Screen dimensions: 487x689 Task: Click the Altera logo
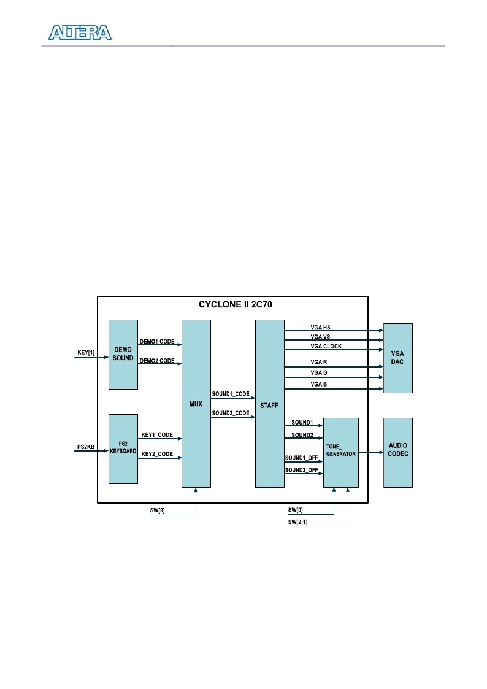click(x=80, y=33)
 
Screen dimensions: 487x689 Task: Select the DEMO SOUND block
click(x=123, y=354)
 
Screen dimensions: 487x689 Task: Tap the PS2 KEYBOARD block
click(x=123, y=448)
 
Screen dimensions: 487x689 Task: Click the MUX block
click(x=196, y=403)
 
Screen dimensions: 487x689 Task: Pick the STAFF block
click(x=270, y=403)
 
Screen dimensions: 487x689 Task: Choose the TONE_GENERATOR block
click(x=341, y=453)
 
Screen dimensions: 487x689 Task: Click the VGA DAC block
click(x=398, y=358)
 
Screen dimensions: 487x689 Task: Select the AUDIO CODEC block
click(x=398, y=453)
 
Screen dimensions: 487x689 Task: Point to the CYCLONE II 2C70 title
click(x=236, y=304)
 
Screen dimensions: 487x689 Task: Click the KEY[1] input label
click(x=86, y=352)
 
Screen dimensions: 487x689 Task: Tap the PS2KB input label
click(x=86, y=447)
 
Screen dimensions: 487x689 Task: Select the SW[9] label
click(x=157, y=510)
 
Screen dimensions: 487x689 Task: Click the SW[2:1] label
click(x=297, y=522)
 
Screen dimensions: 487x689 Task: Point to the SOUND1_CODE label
click(x=231, y=394)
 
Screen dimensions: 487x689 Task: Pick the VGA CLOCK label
click(x=326, y=346)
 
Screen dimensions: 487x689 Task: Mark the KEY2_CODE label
click(x=157, y=454)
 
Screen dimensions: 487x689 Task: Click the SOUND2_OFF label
click(x=301, y=470)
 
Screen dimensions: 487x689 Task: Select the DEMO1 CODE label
click(x=157, y=341)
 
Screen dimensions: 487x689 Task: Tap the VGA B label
click(x=319, y=384)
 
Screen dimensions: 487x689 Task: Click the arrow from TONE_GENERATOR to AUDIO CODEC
click(x=371, y=453)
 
